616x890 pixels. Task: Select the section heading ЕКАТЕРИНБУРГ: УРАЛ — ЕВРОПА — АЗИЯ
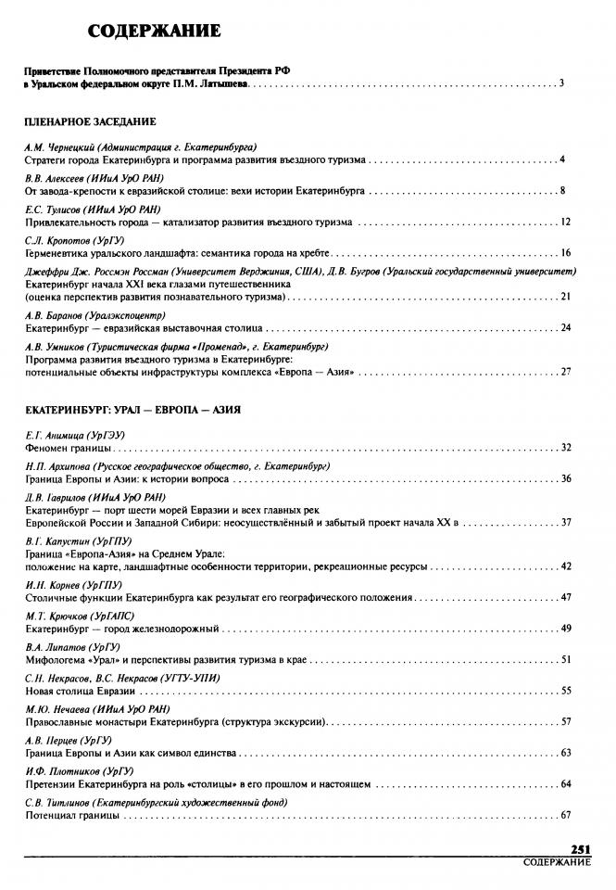(x=132, y=409)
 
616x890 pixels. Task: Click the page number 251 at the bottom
(x=581, y=849)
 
